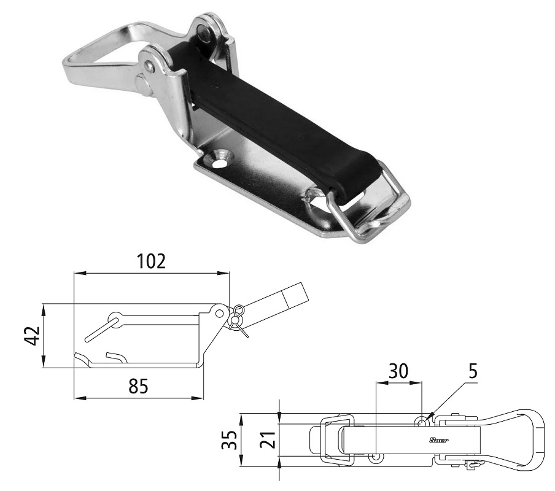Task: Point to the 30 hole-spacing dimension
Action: pyautogui.click(x=398, y=371)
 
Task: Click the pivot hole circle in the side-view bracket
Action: pyautogui.click(x=219, y=312)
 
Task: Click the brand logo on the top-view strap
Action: pyautogui.click(x=438, y=440)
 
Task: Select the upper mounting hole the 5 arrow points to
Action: pyautogui.click(x=422, y=422)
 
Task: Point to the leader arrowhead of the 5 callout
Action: pyautogui.click(x=431, y=416)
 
